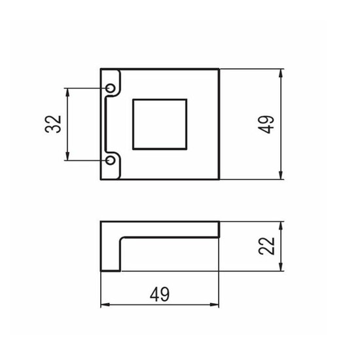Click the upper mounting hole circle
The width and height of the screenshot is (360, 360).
coord(111,88)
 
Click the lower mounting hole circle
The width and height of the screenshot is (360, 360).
coord(111,160)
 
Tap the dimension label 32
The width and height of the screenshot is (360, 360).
coord(53,124)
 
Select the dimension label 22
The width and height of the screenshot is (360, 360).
coord(266,246)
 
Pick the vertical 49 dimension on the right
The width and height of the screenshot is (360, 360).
coord(266,124)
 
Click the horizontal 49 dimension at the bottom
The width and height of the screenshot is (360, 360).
coord(160,295)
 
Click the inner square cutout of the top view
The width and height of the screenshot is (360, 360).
coord(160,124)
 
